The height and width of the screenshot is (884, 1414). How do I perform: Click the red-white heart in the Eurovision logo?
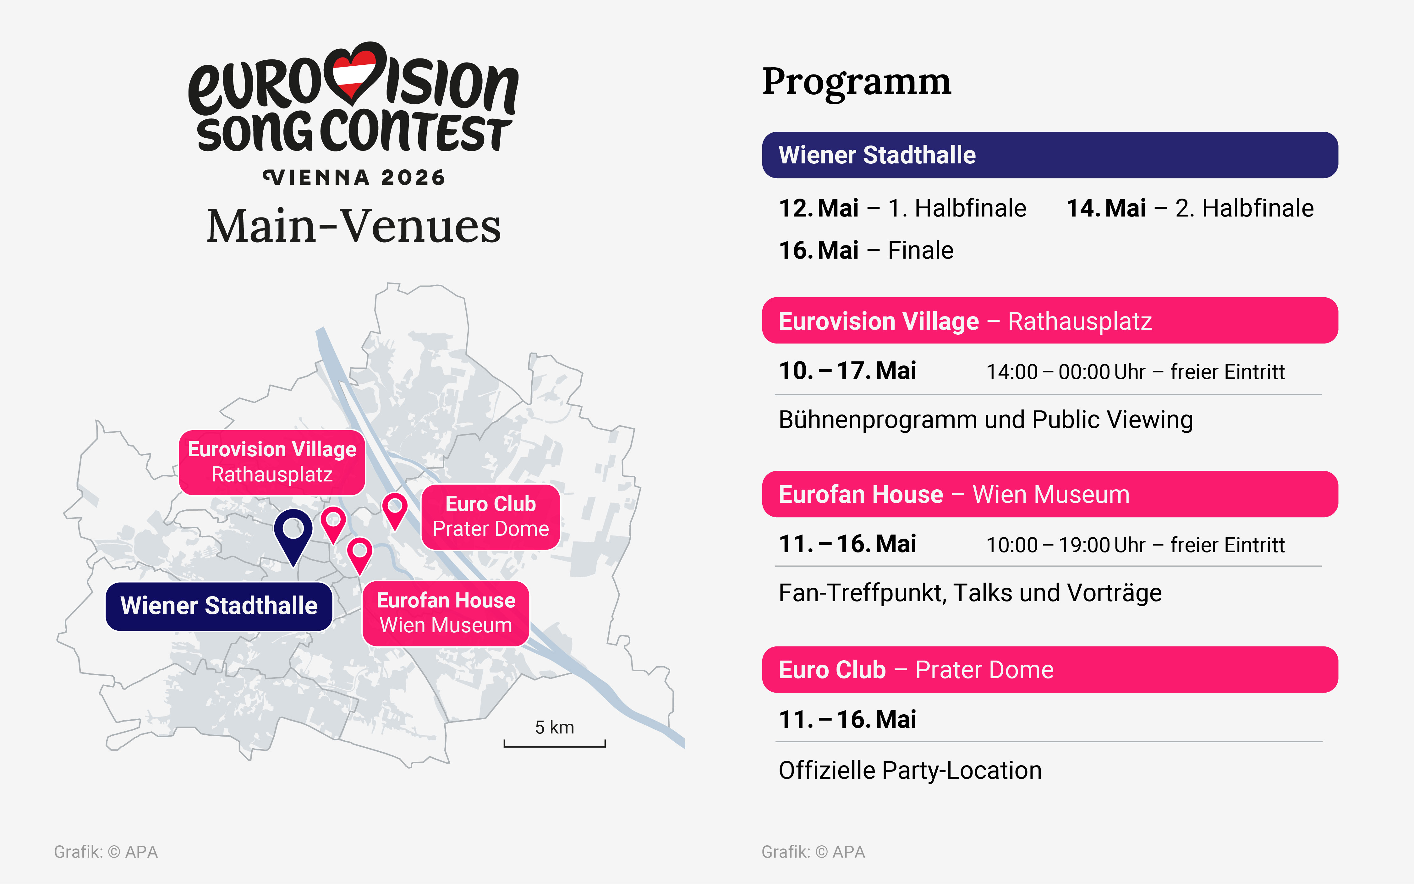tap(353, 73)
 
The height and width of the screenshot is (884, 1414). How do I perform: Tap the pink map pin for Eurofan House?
tap(359, 552)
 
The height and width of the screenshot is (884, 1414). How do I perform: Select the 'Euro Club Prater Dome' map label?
tap(491, 516)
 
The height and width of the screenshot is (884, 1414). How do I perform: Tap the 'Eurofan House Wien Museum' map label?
tap(446, 613)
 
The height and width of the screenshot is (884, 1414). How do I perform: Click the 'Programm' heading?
tap(856, 82)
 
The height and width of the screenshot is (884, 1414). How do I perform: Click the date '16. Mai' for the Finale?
tap(818, 250)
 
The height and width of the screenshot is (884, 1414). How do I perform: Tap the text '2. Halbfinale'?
tap(1244, 208)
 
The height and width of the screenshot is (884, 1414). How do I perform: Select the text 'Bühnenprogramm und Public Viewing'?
tap(985, 420)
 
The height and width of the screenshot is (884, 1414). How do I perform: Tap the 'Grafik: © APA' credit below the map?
tap(106, 852)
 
